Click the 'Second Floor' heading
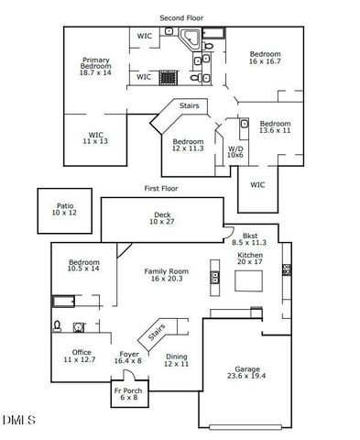[x=180, y=17]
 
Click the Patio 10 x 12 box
[x=64, y=210]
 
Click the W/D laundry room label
[x=235, y=151]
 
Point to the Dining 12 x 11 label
[x=176, y=360]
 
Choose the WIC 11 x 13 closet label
[x=95, y=138]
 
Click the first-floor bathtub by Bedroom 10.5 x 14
[x=65, y=302]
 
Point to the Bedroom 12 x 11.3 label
[x=188, y=146]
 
